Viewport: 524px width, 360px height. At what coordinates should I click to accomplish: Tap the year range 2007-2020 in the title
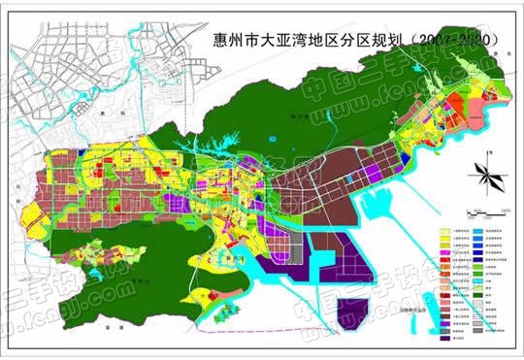point(455,41)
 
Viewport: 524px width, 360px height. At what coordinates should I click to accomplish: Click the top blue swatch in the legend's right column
point(480,239)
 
